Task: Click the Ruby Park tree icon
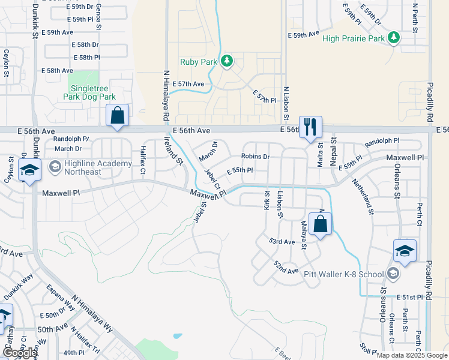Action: (x=227, y=61)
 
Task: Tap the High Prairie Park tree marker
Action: (x=394, y=38)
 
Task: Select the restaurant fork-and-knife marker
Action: (x=310, y=127)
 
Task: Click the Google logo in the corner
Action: (x=20, y=353)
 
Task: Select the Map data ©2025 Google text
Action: (x=411, y=355)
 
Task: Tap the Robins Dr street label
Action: (x=256, y=157)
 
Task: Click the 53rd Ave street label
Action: (x=282, y=241)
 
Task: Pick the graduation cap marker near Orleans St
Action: (x=405, y=251)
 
